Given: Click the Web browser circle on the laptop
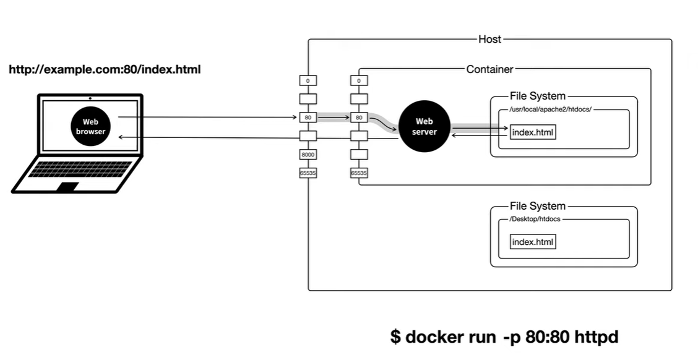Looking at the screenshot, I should coord(91,127).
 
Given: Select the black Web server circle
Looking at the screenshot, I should coord(425,127).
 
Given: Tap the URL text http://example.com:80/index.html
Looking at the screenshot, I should coord(105,69).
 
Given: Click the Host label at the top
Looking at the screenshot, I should coord(489,39).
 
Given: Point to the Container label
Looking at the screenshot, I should coord(489,69).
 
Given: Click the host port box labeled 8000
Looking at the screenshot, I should coord(308,154).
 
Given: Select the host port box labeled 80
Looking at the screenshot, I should coord(308,117).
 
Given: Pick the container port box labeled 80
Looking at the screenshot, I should coord(359,117).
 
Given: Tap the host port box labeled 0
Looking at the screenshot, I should coord(308,80).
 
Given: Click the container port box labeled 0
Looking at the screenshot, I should coord(359,80).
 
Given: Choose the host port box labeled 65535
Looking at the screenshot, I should coord(308,173).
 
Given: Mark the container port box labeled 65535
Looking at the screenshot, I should coord(359,173).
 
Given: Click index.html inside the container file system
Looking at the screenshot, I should coord(533,132).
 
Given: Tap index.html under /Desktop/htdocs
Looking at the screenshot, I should coord(533,241).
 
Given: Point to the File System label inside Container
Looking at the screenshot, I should coord(537,96).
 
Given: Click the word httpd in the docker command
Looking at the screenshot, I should coord(596,337).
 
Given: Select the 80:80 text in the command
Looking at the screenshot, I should coord(546,337).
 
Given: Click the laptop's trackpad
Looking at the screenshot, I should coord(68,186).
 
